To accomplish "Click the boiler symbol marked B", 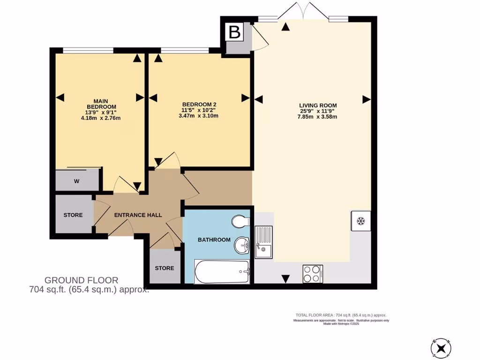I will pos(235,32).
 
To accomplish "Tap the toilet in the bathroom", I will pos(240,221).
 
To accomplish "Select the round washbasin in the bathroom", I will pos(242,244).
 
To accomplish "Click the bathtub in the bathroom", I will pos(222,272).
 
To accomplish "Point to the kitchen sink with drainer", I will pos(264,241).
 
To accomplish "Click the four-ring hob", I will pos(313,273).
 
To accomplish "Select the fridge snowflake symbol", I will pos(361,221).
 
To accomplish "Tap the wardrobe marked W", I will pos(76,180).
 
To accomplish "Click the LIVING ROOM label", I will pos(318,105).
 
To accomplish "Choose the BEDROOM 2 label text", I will pos(199,105).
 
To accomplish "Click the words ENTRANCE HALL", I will pos(138,215).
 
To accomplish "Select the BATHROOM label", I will pos(214,240).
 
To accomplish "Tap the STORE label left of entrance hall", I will pos(73,215).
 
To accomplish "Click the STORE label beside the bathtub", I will pos(165,268).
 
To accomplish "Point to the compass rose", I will pos(442,347).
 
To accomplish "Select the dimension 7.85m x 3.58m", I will pos(318,117).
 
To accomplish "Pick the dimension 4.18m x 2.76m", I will pos(100,118).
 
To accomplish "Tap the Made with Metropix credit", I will pos(341,323).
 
